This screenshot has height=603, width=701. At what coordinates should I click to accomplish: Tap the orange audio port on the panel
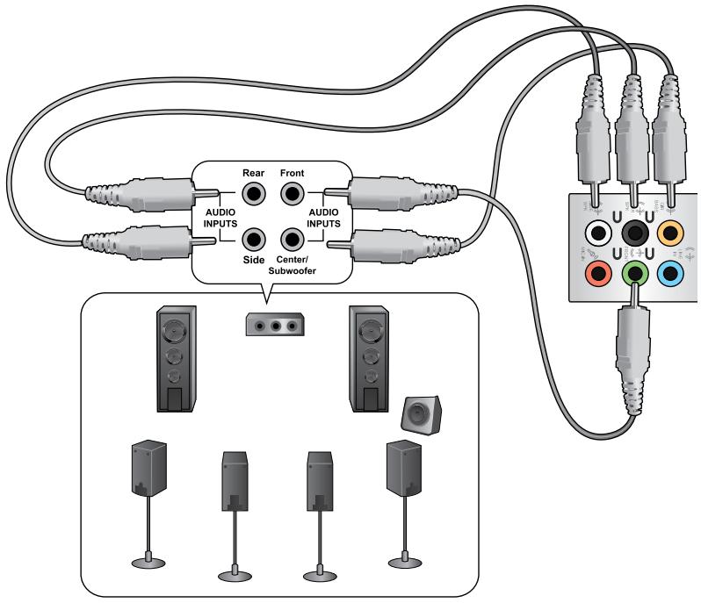coord(672,234)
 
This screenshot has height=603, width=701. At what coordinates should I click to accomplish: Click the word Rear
coord(254,173)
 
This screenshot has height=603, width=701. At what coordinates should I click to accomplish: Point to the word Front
coord(293,173)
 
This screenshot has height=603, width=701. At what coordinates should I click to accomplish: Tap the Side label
coord(254,261)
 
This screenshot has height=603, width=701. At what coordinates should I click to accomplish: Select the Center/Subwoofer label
coord(292,265)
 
